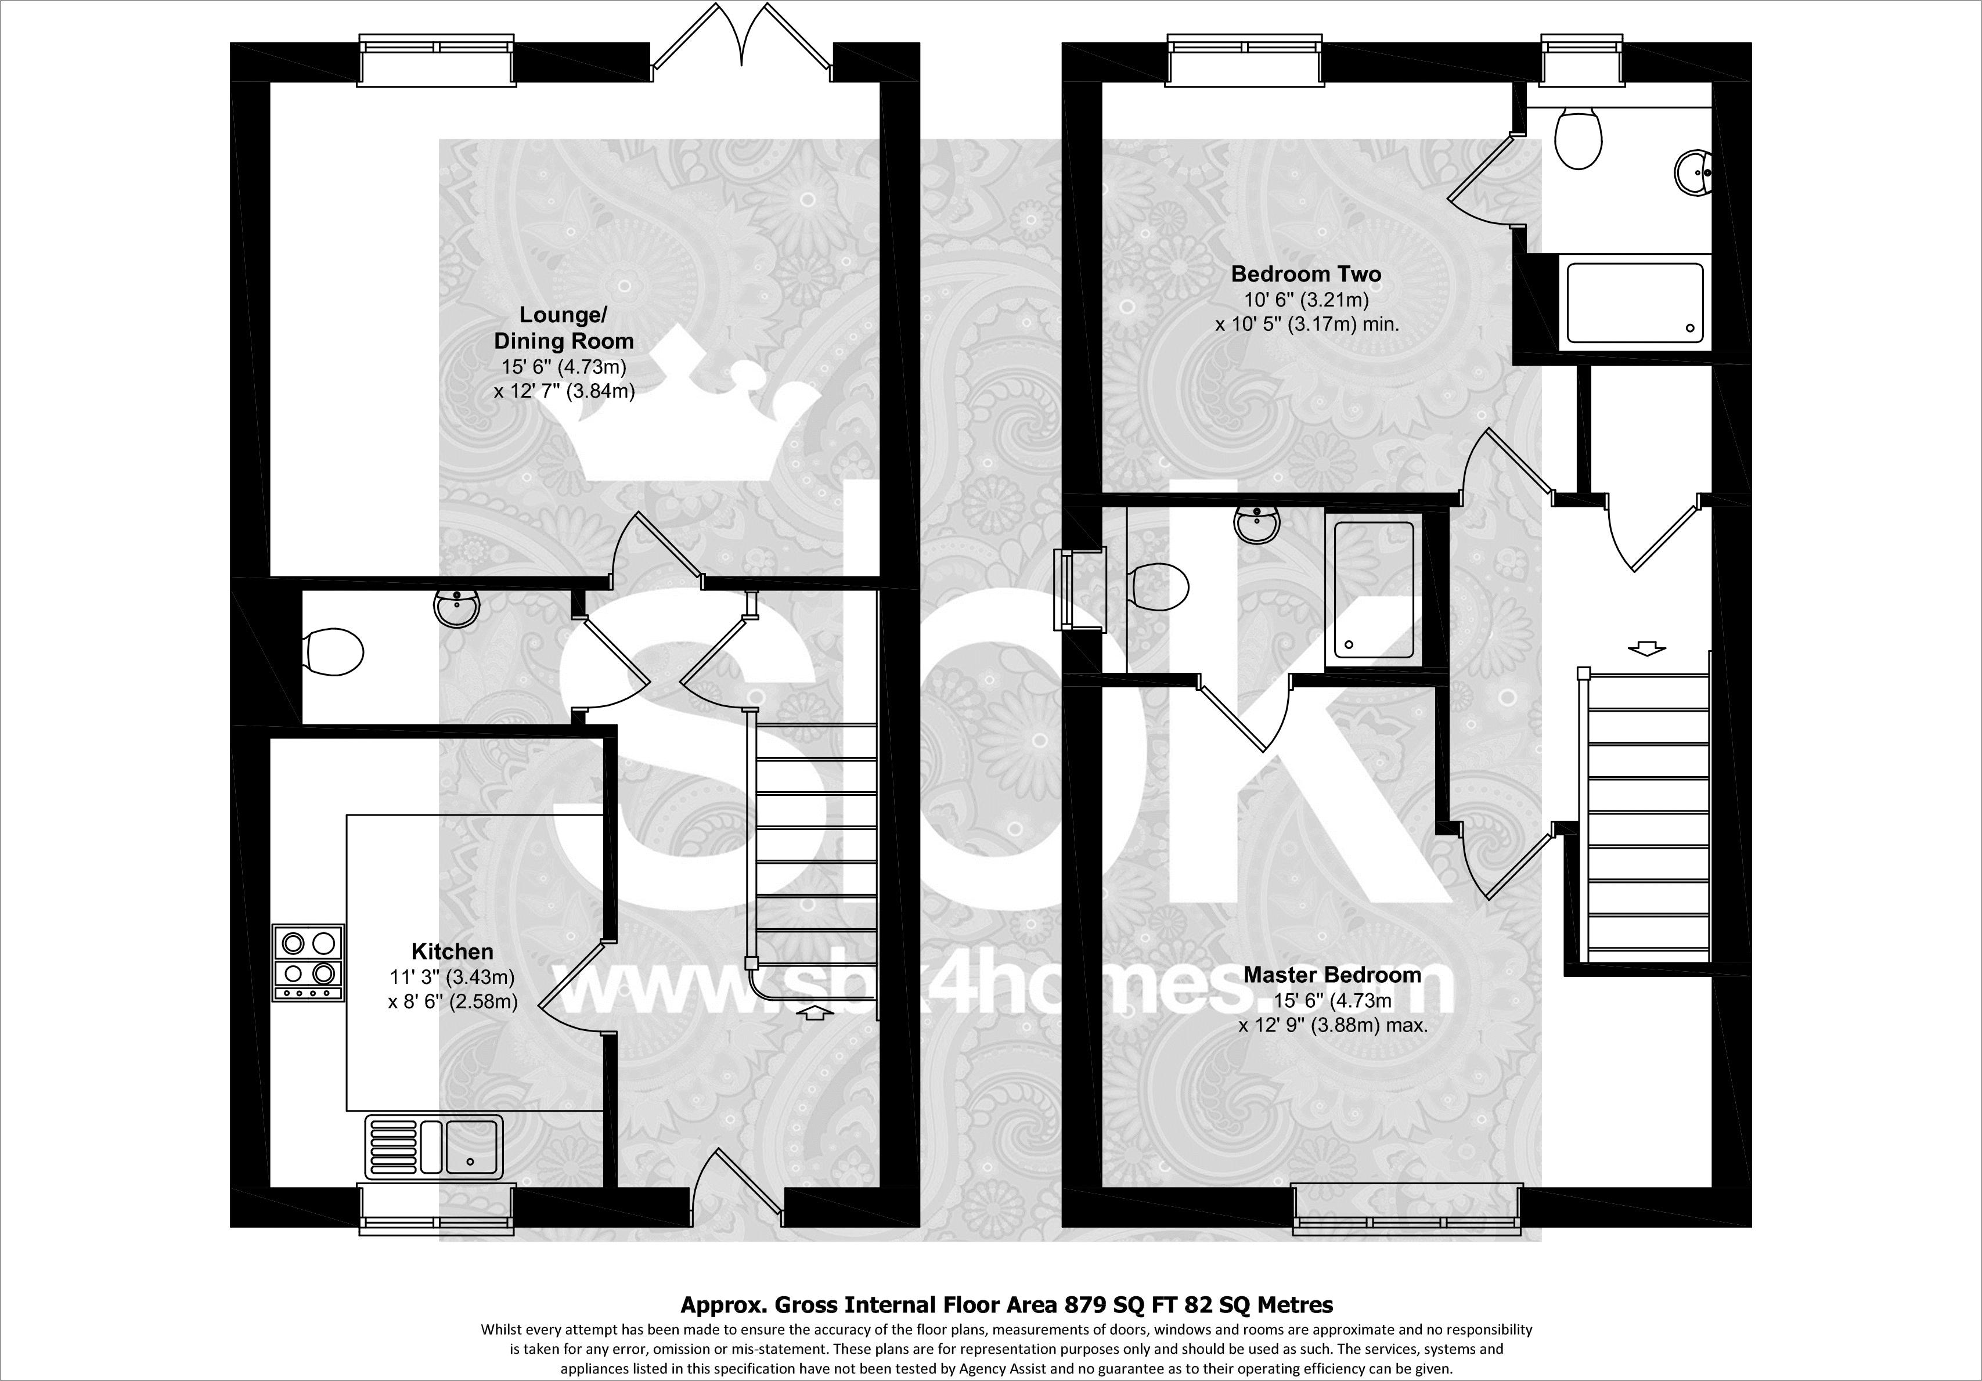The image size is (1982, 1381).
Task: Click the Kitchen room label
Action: (452, 951)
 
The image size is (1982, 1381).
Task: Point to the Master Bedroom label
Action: (1332, 975)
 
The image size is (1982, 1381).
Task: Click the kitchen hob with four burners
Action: (308, 962)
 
